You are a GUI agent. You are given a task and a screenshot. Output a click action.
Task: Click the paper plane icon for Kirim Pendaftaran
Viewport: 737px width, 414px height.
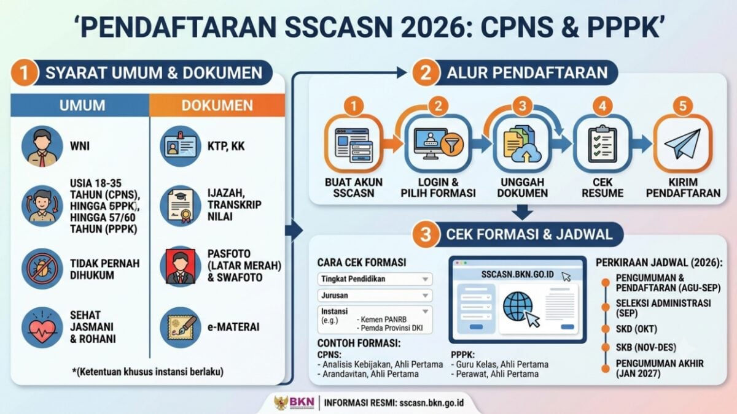[x=683, y=144]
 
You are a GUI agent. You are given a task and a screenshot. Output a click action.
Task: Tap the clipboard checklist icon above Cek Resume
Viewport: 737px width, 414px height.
[x=602, y=144]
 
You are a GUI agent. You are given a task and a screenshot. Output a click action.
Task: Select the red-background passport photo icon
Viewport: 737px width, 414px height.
[x=181, y=266]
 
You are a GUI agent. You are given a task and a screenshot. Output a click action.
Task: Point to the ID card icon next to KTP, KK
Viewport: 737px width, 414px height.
[x=181, y=146]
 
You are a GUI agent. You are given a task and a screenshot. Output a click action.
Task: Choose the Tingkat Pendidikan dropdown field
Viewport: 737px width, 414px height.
[x=375, y=279]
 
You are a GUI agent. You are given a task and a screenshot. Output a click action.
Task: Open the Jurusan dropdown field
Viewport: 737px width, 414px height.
[x=375, y=296]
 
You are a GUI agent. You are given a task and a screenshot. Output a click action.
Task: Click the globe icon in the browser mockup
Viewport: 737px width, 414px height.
[x=518, y=307]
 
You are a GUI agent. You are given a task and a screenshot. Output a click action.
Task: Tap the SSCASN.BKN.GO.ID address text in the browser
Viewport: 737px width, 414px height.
[x=518, y=274]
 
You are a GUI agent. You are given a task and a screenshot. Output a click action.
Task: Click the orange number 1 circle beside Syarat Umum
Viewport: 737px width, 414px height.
[x=25, y=72]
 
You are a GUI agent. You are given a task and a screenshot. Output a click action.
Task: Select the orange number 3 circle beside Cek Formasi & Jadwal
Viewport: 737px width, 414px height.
[x=426, y=234]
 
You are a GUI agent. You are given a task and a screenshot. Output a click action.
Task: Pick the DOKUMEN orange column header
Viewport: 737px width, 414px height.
[x=217, y=105]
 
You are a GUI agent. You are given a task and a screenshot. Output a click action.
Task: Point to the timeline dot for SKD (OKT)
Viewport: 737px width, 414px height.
[x=606, y=329]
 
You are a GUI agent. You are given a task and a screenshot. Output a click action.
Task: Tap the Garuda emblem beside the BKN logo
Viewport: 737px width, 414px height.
[x=281, y=403]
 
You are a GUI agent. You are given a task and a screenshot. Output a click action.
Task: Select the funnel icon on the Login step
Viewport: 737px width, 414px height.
[x=452, y=145]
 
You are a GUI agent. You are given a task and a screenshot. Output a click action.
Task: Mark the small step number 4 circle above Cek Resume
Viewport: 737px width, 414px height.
[x=602, y=106]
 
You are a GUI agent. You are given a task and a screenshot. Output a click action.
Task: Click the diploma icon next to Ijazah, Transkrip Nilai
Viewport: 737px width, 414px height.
[x=181, y=206]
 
